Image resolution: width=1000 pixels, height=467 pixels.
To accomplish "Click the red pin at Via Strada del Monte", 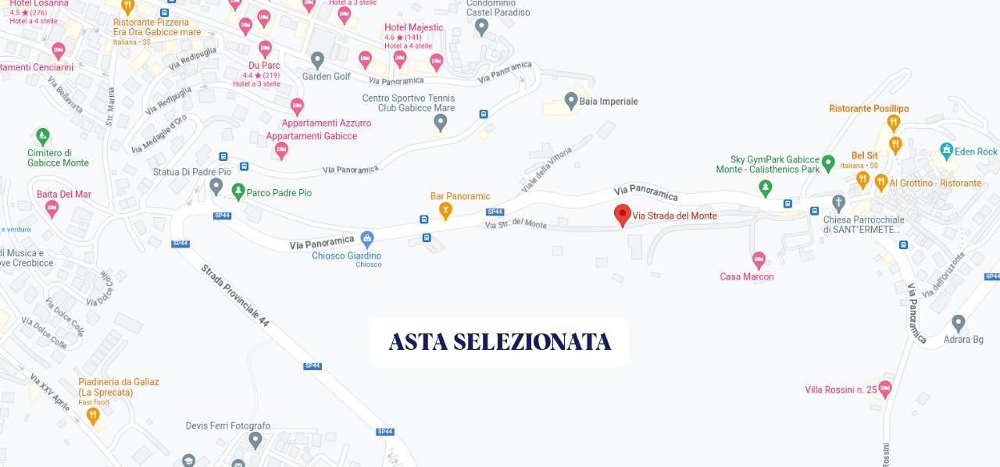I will [x=623, y=215].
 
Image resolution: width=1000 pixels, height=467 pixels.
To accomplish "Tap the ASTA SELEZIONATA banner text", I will [x=499, y=342].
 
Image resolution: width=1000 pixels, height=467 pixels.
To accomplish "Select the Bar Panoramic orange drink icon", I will [x=445, y=210].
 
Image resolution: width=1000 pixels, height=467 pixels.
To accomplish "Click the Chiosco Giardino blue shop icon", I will [x=366, y=238].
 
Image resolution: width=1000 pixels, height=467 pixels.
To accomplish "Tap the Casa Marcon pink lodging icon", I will [x=758, y=259].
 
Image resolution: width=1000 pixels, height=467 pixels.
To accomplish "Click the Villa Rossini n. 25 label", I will [x=841, y=390].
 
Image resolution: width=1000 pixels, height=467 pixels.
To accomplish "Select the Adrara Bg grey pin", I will [x=959, y=323].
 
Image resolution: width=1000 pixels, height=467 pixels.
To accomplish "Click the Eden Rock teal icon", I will [x=947, y=151].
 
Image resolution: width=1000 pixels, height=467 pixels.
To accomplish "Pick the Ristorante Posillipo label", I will [x=869, y=109].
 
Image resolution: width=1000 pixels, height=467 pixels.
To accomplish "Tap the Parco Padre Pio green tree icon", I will [x=238, y=191].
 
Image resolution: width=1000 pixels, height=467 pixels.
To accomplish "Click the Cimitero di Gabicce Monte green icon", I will [x=42, y=136].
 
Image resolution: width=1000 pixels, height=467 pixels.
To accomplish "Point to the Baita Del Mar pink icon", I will [x=52, y=209].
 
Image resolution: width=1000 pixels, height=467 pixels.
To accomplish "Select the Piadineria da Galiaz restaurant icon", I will [x=93, y=416].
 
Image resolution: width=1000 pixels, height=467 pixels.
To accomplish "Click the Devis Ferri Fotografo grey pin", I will [x=255, y=440].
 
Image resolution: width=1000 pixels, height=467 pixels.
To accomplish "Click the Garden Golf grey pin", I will [x=317, y=59].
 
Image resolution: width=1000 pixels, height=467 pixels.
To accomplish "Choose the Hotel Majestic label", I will [x=413, y=27].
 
